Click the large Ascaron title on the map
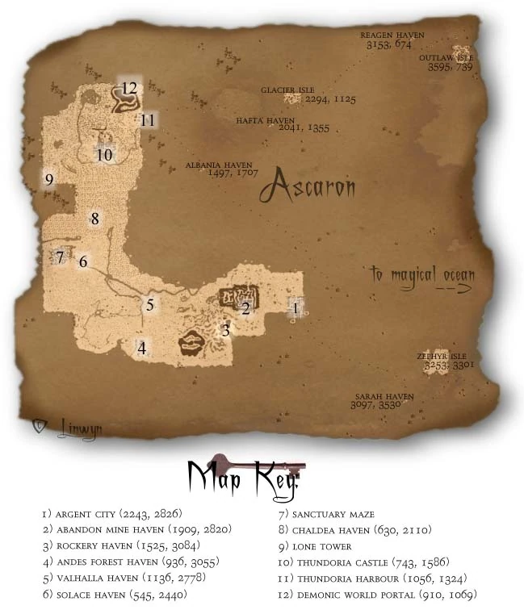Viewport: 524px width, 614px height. click(x=307, y=187)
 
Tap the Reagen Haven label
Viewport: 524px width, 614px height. click(x=392, y=36)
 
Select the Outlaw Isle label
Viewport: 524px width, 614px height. click(x=446, y=59)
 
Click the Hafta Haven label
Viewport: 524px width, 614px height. click(x=260, y=120)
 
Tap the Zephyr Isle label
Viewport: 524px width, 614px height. click(x=442, y=355)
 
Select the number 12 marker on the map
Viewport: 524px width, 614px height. click(x=129, y=87)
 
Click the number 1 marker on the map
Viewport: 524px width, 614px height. click(x=296, y=307)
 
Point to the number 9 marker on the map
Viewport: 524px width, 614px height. click(x=49, y=179)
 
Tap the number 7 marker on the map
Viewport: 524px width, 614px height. click(x=59, y=257)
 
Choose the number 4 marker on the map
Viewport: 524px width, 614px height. click(x=142, y=349)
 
